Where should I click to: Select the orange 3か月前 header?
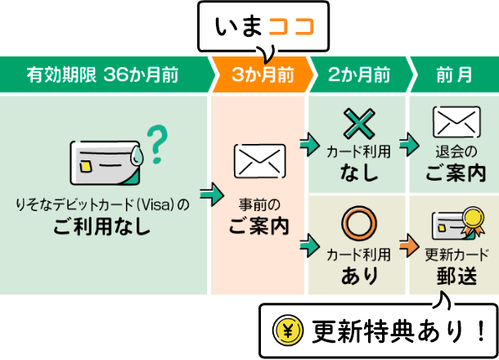point(263,75)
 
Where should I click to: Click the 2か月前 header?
point(359,75)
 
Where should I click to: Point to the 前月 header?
point(453,75)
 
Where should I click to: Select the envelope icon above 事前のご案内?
point(261,160)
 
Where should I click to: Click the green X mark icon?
point(358,125)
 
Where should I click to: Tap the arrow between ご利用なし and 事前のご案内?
point(212,196)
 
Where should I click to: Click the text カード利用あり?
point(358,263)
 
